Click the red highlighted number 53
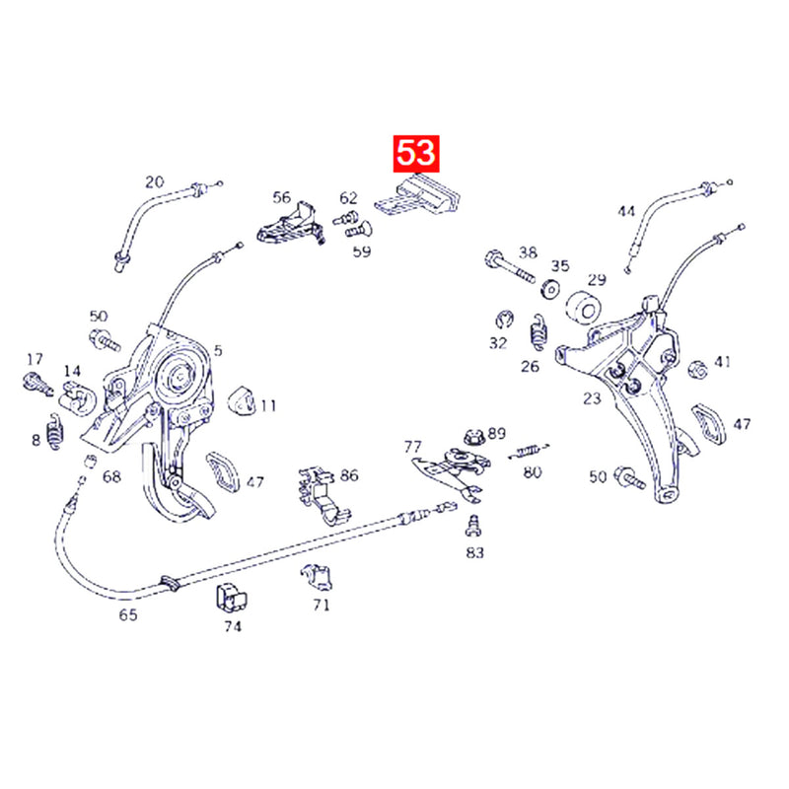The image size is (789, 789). [x=415, y=153]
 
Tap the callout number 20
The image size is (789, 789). [x=155, y=181]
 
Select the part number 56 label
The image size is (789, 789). [x=282, y=196]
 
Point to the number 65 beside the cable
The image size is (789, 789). [x=128, y=614]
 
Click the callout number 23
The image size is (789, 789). [x=593, y=398]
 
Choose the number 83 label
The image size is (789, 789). [x=474, y=552]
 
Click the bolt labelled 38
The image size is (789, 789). [x=510, y=267]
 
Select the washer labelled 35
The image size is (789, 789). [x=551, y=290]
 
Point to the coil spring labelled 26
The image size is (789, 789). [x=539, y=332]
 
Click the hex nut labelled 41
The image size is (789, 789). [x=698, y=370]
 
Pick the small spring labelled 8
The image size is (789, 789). [x=55, y=432]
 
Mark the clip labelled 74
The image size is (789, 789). [x=231, y=599]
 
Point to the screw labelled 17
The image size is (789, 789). [x=37, y=384]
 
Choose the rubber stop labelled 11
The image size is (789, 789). [x=242, y=402]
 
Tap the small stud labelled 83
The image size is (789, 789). [x=473, y=526]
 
